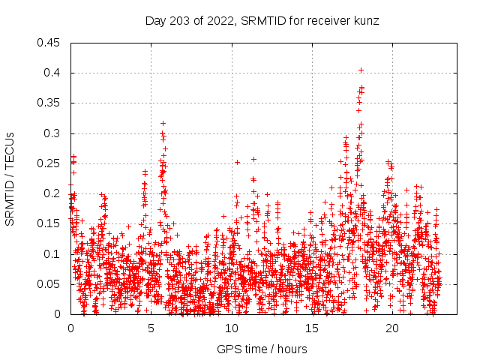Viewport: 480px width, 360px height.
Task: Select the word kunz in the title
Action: [366, 21]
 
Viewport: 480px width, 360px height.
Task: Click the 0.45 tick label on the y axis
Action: [50, 43]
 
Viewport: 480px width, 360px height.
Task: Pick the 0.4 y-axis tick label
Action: [53, 73]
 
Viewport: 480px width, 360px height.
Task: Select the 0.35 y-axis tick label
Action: [50, 103]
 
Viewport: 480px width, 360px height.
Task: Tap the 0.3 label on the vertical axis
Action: [53, 133]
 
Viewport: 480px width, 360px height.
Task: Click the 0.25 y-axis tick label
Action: [50, 163]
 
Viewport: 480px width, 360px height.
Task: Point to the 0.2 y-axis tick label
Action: [53, 193]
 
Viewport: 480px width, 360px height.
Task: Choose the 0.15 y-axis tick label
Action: [50, 223]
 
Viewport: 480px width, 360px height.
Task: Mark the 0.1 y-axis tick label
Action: [53, 253]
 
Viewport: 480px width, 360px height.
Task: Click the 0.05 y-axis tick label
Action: [50, 284]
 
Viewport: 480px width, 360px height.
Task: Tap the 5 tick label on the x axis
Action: [151, 328]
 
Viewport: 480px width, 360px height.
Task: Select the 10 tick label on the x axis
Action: [231, 328]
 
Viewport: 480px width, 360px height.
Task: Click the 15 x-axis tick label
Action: [311, 328]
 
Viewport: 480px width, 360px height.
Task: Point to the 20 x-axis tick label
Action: [392, 328]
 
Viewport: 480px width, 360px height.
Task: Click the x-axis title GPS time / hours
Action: [262, 349]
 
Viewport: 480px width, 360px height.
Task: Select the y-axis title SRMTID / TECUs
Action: [10, 178]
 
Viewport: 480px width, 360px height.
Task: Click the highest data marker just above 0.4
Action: [361, 70]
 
